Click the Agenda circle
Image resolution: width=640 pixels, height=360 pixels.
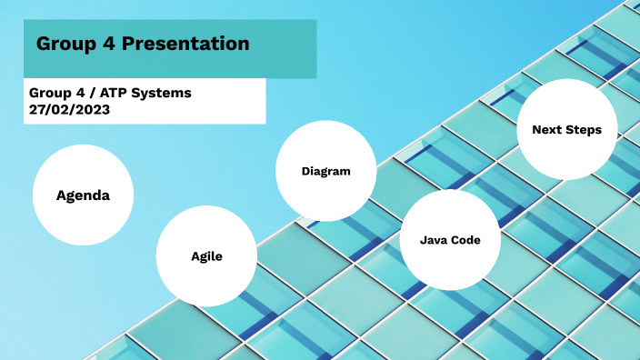coord(83,195)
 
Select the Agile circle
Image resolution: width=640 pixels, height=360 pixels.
coord(206,256)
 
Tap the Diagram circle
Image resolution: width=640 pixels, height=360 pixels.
coord(325,171)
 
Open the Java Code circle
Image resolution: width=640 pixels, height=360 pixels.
coord(450,240)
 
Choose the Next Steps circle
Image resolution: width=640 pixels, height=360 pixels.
coord(566,130)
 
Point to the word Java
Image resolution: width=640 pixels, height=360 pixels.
coord(434,240)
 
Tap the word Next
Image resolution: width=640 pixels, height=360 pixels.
coord(546,130)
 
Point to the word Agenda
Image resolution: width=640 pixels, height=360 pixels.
coord(83,195)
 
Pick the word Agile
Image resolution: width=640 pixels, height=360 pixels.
coord(206,256)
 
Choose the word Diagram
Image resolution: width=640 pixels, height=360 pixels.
coord(325,171)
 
